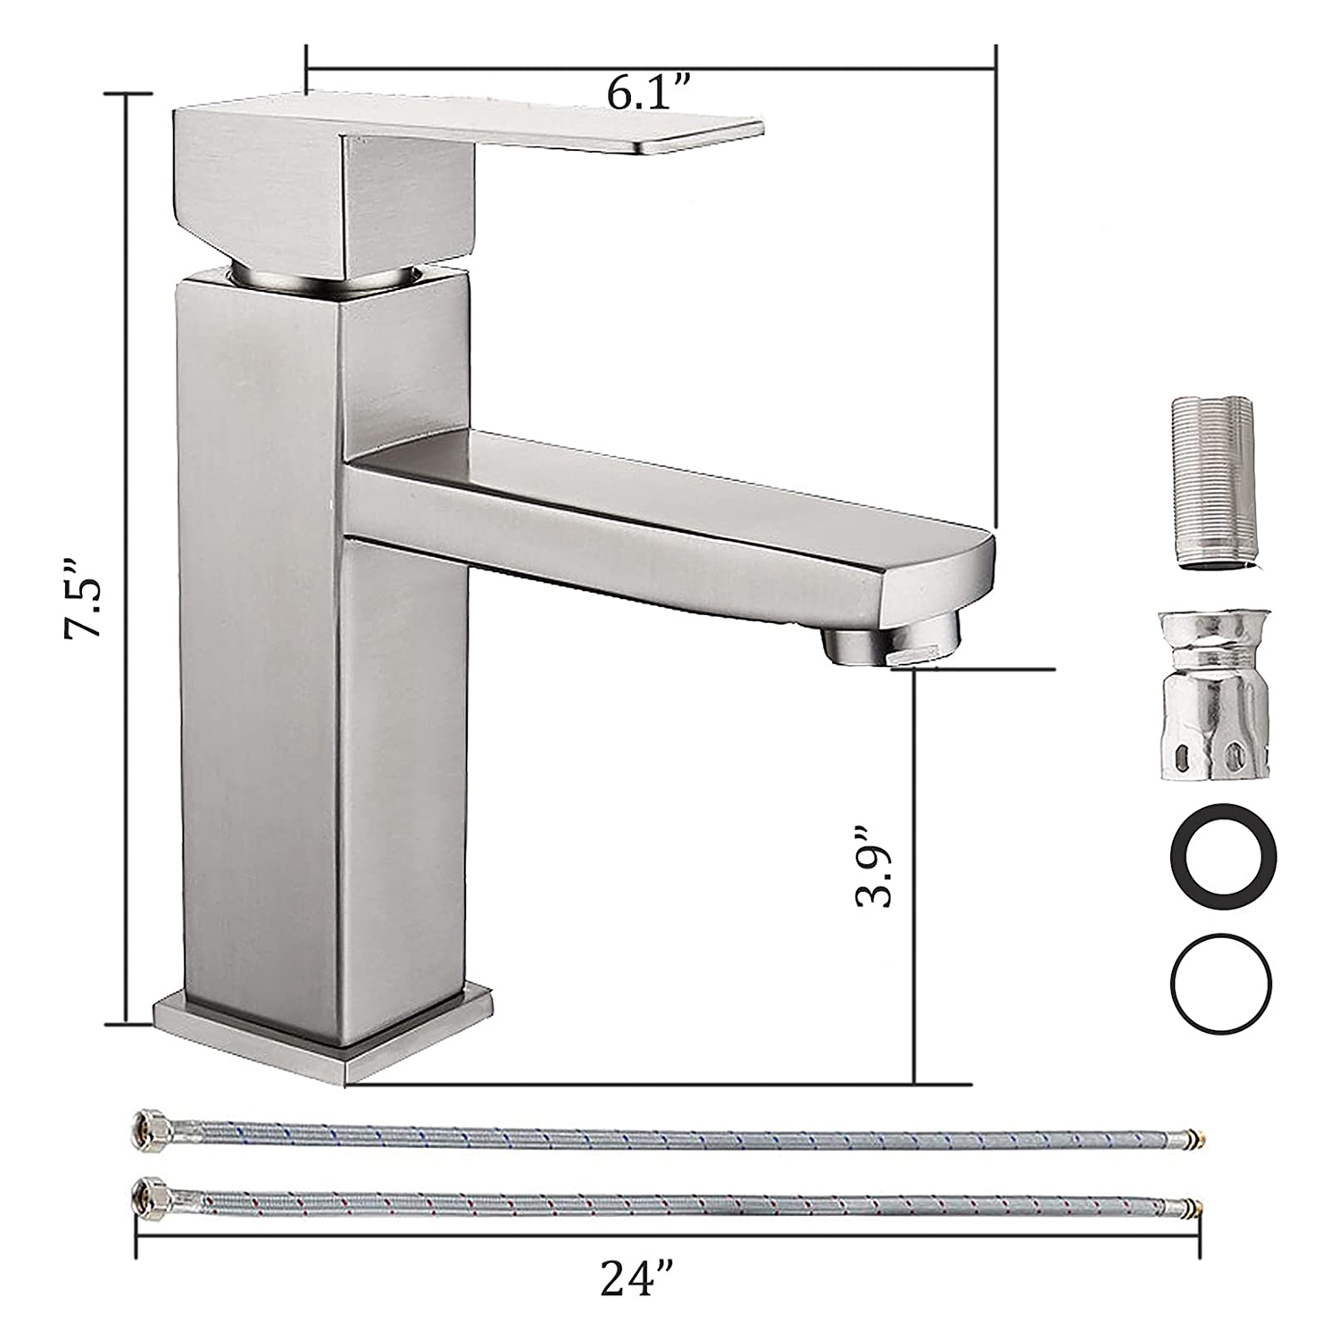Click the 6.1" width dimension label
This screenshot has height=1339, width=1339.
(x=650, y=92)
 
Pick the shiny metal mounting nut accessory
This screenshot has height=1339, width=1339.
(x=1214, y=696)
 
